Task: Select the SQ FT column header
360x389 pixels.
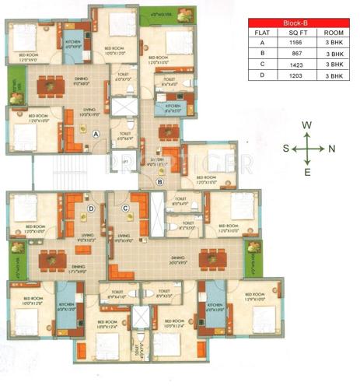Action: [299, 33]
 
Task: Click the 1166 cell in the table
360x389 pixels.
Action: [299, 44]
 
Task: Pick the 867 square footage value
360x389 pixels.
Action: [299, 54]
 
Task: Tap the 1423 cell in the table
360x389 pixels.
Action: [299, 65]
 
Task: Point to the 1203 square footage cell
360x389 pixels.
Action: [299, 76]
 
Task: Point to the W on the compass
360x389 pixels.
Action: [308, 125]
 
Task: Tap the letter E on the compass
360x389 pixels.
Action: [308, 172]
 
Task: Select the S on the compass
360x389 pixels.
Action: [285, 148]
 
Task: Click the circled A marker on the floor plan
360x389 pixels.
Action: [96, 134]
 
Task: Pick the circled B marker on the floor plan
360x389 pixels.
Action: [159, 182]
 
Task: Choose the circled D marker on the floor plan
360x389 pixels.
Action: [91, 208]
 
